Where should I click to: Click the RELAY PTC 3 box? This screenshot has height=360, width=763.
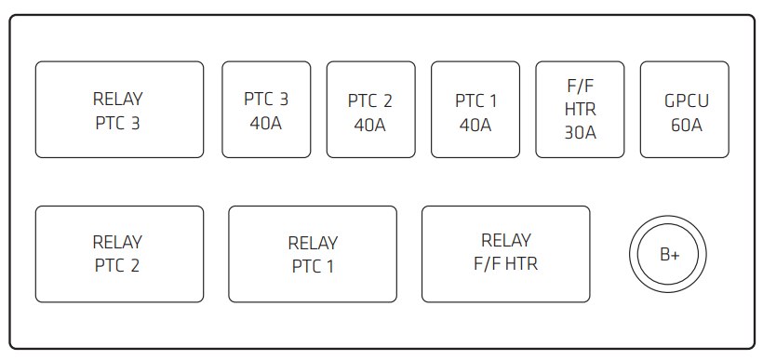click(118, 110)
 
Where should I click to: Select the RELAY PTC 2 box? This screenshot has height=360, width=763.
click(118, 254)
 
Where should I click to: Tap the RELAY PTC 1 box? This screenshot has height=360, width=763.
click(313, 254)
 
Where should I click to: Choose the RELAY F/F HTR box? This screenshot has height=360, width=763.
click(505, 254)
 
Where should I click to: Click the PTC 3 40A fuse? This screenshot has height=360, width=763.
click(266, 110)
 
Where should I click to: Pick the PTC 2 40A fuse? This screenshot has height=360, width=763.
click(370, 110)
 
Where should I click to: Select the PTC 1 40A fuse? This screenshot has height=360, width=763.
click(475, 110)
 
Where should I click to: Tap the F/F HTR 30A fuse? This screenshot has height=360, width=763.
click(580, 110)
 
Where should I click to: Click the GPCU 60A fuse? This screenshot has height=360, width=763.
click(685, 110)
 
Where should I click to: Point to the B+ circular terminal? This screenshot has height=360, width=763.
click(669, 254)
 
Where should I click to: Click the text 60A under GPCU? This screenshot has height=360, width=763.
click(685, 124)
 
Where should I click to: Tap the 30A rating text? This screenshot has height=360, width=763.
click(580, 132)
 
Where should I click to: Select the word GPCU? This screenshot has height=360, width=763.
click(685, 100)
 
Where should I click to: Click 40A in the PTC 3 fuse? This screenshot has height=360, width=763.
click(266, 123)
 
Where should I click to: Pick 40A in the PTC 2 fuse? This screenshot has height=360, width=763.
click(370, 124)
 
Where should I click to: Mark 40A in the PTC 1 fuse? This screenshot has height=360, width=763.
click(475, 124)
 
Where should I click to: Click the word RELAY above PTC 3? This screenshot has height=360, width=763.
click(118, 99)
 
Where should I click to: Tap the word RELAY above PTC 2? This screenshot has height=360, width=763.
click(118, 243)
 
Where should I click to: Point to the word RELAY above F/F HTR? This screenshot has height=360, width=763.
click(505, 241)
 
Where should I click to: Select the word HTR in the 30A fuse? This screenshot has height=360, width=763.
click(580, 110)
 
